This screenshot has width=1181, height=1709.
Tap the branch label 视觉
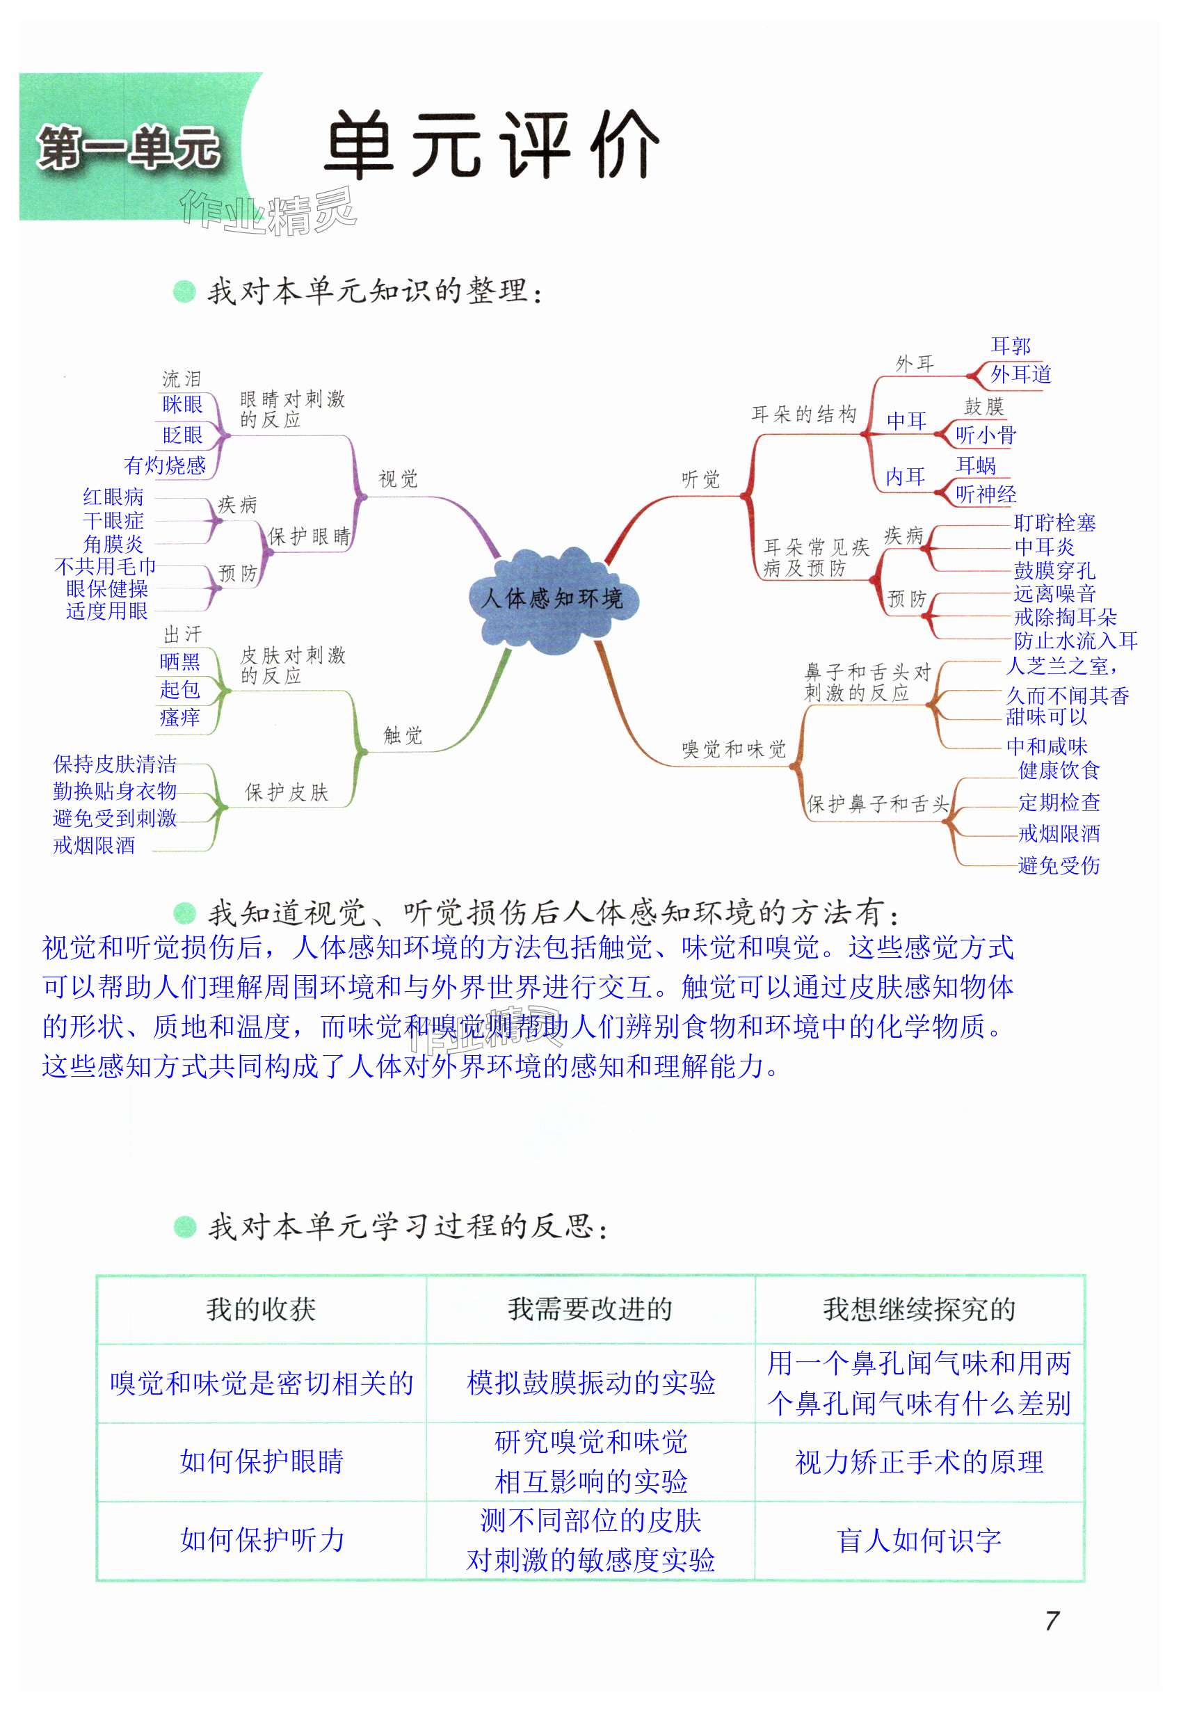[x=398, y=479]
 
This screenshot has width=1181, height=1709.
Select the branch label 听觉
[x=700, y=479]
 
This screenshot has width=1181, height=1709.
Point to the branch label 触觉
[x=403, y=735]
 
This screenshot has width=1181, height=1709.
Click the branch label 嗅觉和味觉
[x=733, y=749]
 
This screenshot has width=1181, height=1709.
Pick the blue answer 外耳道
[x=1020, y=374]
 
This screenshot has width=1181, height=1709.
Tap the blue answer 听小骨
[x=986, y=435]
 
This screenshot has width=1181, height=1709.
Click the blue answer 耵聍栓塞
[x=1054, y=523]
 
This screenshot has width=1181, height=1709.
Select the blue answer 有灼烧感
[x=164, y=465]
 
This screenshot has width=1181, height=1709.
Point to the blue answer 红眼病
[x=113, y=497]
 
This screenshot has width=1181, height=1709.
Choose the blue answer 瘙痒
[x=180, y=717]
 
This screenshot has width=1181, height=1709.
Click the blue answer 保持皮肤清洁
[x=115, y=764]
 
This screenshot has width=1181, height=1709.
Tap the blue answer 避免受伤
[x=1059, y=865]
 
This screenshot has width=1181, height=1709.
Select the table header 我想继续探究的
[x=919, y=1309]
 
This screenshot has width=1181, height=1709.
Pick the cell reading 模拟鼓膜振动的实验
[x=590, y=1382]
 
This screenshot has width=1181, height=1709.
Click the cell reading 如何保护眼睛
[x=262, y=1461]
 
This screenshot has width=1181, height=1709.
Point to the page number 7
[x=1052, y=1621]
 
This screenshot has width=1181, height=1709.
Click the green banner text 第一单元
[x=129, y=148]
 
